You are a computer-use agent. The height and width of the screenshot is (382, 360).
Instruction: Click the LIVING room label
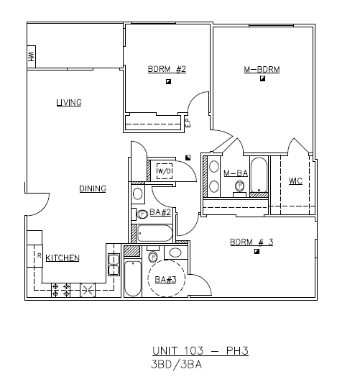tap(69, 103)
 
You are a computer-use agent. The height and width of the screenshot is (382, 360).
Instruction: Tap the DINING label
tap(93, 189)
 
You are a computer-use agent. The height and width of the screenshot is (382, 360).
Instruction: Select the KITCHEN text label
tap(63, 258)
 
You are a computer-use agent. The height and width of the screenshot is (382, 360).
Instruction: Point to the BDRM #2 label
tap(167, 70)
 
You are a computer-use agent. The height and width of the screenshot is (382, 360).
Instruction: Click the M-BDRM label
tap(262, 70)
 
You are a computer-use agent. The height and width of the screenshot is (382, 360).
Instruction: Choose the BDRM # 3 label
tap(251, 242)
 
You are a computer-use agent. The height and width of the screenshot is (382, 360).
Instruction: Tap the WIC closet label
tap(295, 181)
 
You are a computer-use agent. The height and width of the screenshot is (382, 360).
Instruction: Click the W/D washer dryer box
tap(165, 171)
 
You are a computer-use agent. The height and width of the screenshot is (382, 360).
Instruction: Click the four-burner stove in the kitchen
tap(60, 289)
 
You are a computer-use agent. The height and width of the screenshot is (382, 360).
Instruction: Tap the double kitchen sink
tap(113, 265)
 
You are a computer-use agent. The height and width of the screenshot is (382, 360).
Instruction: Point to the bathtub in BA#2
tap(154, 233)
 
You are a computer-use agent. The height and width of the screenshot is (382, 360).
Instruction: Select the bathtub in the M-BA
tap(259, 176)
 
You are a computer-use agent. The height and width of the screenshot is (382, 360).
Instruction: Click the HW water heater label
tap(32, 57)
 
